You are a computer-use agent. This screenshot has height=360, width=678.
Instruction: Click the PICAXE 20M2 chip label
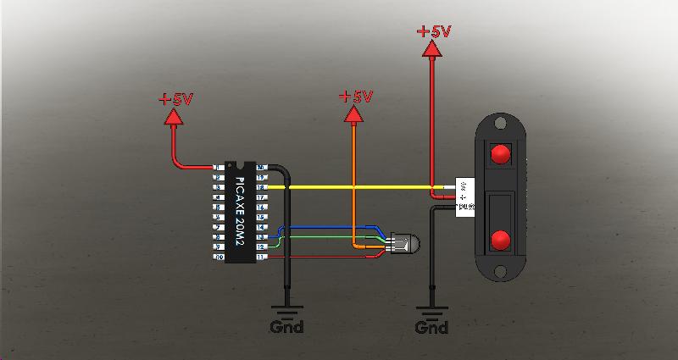click(239, 210)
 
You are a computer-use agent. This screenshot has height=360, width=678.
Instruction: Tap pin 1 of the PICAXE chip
click(219, 167)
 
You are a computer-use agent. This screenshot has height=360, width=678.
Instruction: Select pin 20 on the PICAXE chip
click(261, 167)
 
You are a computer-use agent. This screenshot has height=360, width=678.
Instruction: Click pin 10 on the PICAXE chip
click(219, 256)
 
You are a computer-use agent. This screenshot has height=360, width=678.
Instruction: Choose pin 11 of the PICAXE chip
click(261, 256)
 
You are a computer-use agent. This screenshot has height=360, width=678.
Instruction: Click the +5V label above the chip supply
click(175, 99)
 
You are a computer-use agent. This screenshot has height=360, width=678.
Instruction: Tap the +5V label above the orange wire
click(355, 97)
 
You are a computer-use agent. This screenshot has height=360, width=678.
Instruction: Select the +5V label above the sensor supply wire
click(433, 32)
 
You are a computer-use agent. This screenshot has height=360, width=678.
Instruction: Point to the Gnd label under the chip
click(286, 326)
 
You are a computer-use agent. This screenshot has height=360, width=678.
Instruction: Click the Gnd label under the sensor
click(431, 326)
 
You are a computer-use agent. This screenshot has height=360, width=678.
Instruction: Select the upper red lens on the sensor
click(500, 155)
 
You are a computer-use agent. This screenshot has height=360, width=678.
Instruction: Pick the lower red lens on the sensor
click(500, 240)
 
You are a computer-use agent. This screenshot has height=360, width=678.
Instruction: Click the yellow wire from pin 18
click(356, 186)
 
